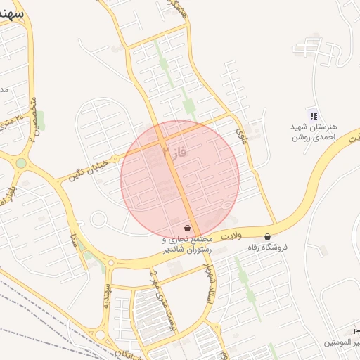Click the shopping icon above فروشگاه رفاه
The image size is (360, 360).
click(267, 236)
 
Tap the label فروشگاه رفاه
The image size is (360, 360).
click(267, 248)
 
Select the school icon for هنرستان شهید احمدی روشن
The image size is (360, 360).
click(314, 116)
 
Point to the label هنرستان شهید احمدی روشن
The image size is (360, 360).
click(314, 131)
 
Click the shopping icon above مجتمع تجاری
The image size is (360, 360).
click(186, 228)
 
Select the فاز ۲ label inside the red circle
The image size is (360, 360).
click(174, 150)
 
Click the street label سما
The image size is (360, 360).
click(73, 227)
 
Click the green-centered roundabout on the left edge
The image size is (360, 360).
click(21, 163)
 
